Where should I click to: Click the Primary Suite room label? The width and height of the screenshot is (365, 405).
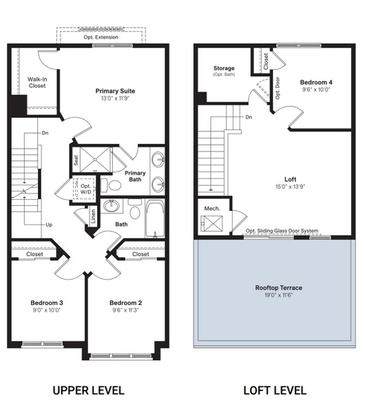click(x=114, y=91)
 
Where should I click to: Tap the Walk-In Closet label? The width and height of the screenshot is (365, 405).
click(x=37, y=83)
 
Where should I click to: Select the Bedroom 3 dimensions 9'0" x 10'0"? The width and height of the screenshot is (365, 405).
click(x=47, y=310)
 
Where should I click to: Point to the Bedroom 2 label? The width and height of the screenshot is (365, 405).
click(x=125, y=302)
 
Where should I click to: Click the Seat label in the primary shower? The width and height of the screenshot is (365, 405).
click(x=75, y=160)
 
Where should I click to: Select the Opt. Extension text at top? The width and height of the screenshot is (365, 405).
click(x=101, y=37)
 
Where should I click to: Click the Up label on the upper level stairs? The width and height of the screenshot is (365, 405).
click(x=48, y=225)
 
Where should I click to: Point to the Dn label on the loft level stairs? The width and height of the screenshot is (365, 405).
click(x=248, y=117)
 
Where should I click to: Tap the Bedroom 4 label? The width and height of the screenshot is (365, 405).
click(x=316, y=82)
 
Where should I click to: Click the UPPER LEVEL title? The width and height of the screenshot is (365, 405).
click(x=88, y=390)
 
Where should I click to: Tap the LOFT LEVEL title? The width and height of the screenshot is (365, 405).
click(x=275, y=390)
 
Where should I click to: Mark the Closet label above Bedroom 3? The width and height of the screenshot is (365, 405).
click(x=34, y=254)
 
